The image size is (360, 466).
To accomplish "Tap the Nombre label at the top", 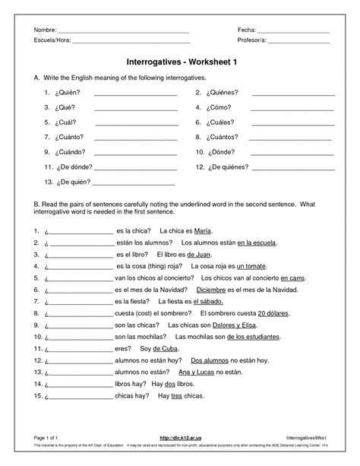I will (44, 29).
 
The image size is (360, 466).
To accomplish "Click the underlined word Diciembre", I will (212, 290).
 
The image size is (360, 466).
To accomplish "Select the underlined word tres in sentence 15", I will (176, 396).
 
